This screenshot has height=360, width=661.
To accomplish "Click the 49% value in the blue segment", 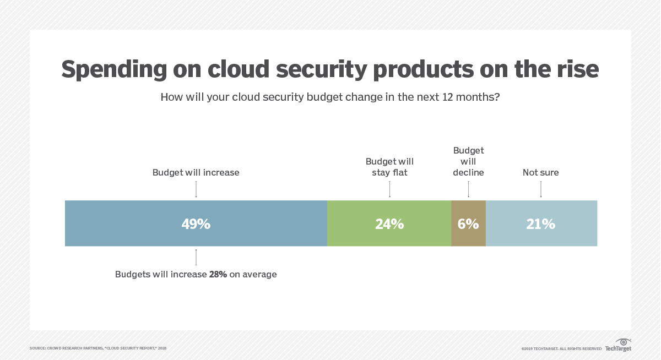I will pos(196,224).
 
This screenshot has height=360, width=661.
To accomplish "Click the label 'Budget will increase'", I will pos(196,172).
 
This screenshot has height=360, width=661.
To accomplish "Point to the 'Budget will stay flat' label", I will pos(389,167).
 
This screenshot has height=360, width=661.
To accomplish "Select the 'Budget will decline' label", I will pos(468,161).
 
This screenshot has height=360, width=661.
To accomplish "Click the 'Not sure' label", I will pos(541,172).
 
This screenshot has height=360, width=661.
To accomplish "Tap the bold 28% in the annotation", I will pos(218,274).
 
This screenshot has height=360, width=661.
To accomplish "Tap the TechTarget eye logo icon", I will pos(624,342).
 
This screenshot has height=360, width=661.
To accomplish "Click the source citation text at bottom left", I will pos(98,348).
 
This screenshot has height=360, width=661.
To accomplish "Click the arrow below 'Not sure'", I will pos(541,189).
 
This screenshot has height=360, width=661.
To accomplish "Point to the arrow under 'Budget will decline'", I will pos(468,189).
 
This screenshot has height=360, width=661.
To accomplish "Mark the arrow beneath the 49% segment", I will pos(196,257).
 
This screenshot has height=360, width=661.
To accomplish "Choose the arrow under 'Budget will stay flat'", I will pos(389,189).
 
